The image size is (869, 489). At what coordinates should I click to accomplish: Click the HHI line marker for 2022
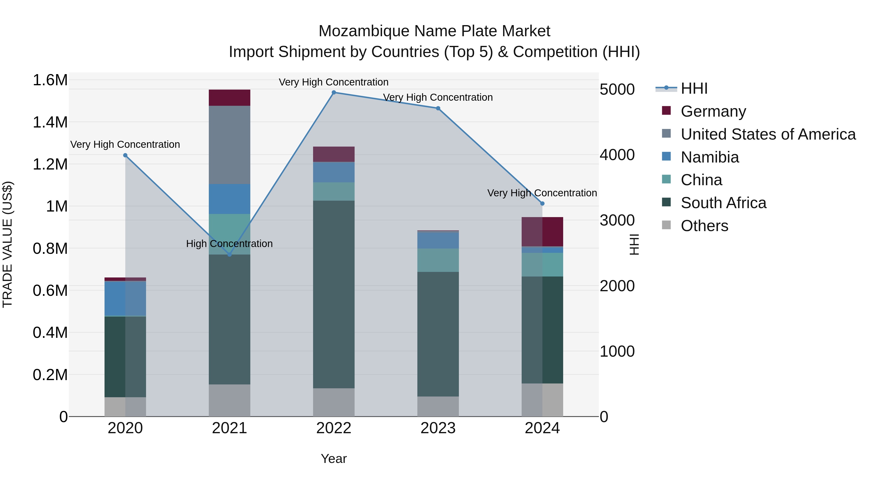tap(334, 92)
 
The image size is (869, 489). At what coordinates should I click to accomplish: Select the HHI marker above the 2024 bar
tap(542, 204)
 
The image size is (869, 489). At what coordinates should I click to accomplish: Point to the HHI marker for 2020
tap(125, 155)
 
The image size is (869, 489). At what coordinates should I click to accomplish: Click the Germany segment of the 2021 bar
tap(229, 98)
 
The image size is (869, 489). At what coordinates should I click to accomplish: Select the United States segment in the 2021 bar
tap(229, 145)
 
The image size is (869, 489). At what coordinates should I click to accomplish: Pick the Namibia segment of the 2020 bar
tap(125, 299)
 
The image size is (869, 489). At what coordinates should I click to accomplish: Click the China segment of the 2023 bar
tap(438, 260)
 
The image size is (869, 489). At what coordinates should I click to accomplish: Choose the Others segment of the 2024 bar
tap(542, 400)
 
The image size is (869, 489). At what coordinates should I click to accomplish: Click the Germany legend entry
tap(713, 111)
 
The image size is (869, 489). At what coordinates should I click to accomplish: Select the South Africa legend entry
tap(723, 203)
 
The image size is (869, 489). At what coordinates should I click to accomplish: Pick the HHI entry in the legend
tap(694, 88)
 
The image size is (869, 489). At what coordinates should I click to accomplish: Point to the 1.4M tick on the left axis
tap(50, 122)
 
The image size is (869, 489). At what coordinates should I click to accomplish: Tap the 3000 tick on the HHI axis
tap(617, 220)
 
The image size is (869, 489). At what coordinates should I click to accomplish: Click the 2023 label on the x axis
tap(438, 428)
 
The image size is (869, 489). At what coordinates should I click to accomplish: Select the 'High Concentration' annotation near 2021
tap(229, 244)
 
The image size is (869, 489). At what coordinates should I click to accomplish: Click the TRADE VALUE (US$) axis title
tap(7, 244)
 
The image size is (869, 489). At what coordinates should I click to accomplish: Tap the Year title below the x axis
tap(334, 459)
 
